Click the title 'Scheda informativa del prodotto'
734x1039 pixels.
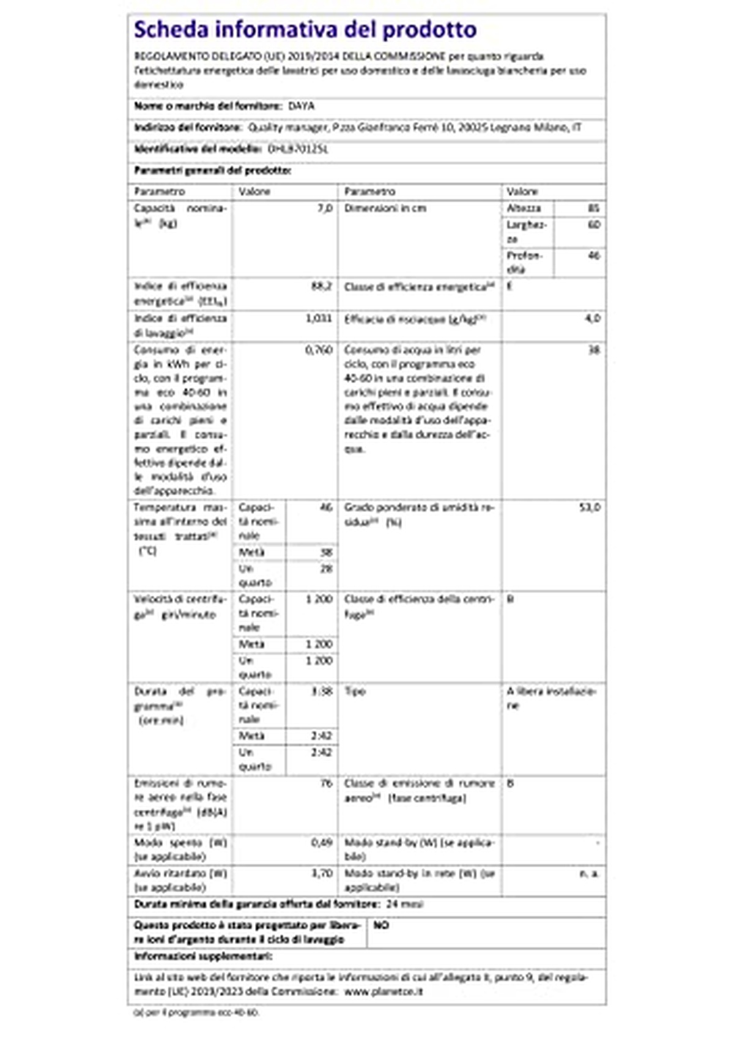305,29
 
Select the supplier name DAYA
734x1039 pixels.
301,106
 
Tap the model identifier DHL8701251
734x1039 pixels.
298,149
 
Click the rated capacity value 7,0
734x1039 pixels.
325,209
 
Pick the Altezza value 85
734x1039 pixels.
593,209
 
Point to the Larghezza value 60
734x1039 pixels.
593,225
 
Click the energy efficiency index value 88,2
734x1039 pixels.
321,286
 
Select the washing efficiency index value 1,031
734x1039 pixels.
318,319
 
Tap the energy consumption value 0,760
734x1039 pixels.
318,350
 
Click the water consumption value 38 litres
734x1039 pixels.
593,350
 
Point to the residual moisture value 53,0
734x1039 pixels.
590,508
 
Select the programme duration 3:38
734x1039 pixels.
322,692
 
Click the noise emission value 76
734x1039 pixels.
326,783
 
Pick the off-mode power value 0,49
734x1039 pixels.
322,843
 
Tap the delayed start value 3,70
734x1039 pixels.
322,873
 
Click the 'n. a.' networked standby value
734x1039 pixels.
589,873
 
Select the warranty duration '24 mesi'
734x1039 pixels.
404,904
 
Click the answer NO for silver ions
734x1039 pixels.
380,925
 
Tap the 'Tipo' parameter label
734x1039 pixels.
355,692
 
